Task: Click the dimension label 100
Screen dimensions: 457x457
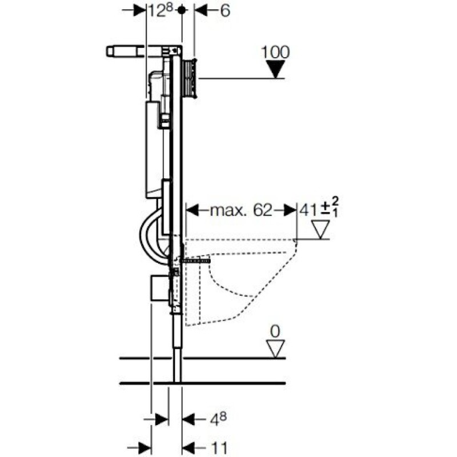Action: click(x=275, y=53)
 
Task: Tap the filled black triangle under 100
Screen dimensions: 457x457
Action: click(x=276, y=69)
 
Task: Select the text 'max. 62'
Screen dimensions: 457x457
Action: click(x=240, y=210)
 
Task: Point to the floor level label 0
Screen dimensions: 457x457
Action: click(x=275, y=332)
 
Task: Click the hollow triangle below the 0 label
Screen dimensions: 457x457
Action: click(x=275, y=348)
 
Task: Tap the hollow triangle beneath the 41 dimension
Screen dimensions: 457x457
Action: click(x=320, y=230)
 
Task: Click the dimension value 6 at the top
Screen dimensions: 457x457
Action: click(x=225, y=11)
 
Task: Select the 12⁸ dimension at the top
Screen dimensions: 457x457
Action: click(x=161, y=11)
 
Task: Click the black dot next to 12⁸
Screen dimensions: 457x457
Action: click(x=182, y=10)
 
